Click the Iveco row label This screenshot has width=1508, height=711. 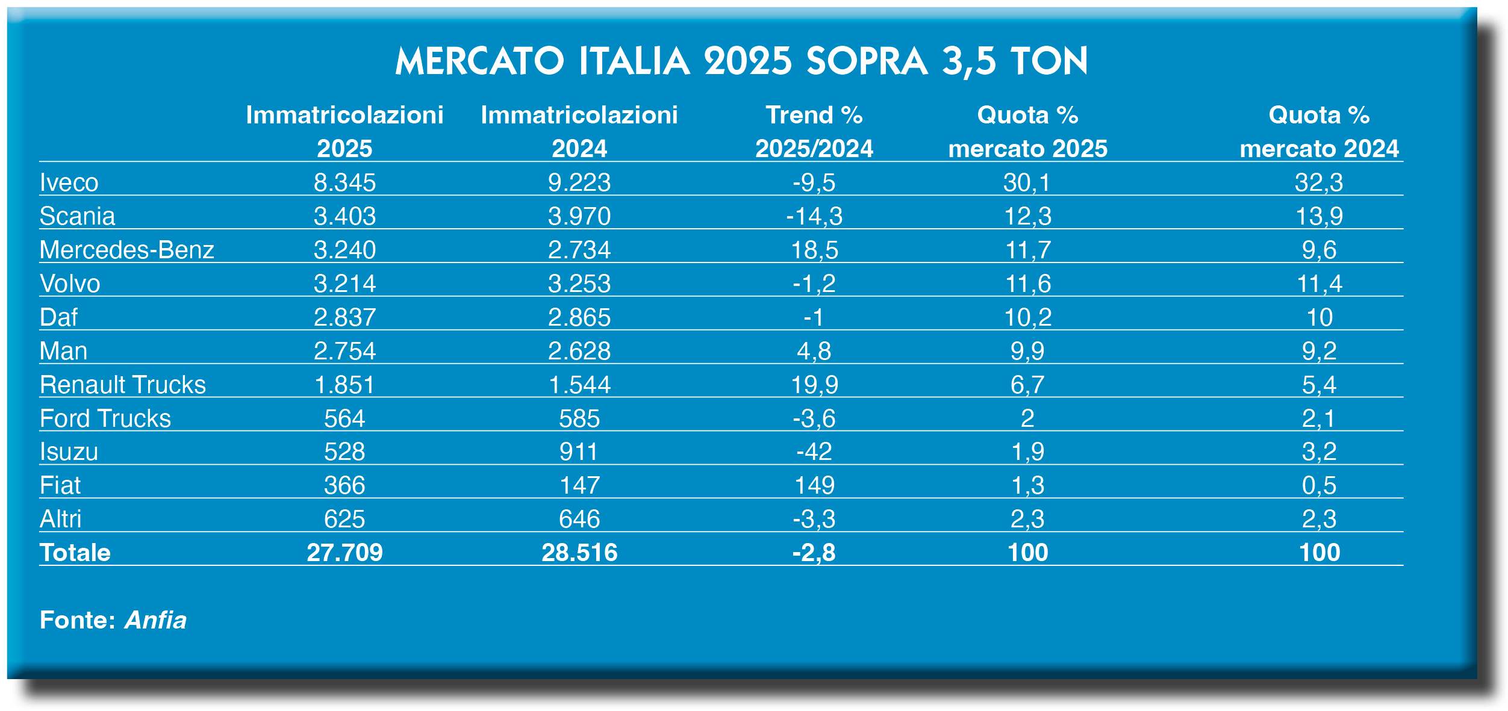tap(69, 182)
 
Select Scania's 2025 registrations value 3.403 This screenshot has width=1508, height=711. tap(344, 216)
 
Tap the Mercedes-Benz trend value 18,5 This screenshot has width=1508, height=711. tap(814, 250)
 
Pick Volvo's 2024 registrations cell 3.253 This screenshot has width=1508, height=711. tap(579, 284)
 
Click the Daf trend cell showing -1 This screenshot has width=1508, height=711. tap(814, 317)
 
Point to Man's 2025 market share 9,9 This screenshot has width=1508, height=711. tap(1027, 351)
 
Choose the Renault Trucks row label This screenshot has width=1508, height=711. tap(123, 385)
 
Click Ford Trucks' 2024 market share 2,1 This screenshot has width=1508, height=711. tap(1319, 418)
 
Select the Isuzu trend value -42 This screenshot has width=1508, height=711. tap(814, 452)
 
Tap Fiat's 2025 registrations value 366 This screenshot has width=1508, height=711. tap(344, 485)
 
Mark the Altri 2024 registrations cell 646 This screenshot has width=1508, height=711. tap(579, 519)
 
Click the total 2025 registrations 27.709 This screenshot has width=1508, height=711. tap(344, 553)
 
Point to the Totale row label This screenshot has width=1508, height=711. tap(75, 553)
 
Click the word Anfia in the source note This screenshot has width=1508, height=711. tap(155, 620)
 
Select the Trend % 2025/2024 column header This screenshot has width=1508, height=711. tap(814, 132)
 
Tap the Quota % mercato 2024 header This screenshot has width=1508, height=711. tap(1319, 132)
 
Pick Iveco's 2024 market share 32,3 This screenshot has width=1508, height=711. tap(1319, 182)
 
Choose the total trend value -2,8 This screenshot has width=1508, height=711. tap(814, 553)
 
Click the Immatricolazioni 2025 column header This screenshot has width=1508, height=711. tap(344, 132)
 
